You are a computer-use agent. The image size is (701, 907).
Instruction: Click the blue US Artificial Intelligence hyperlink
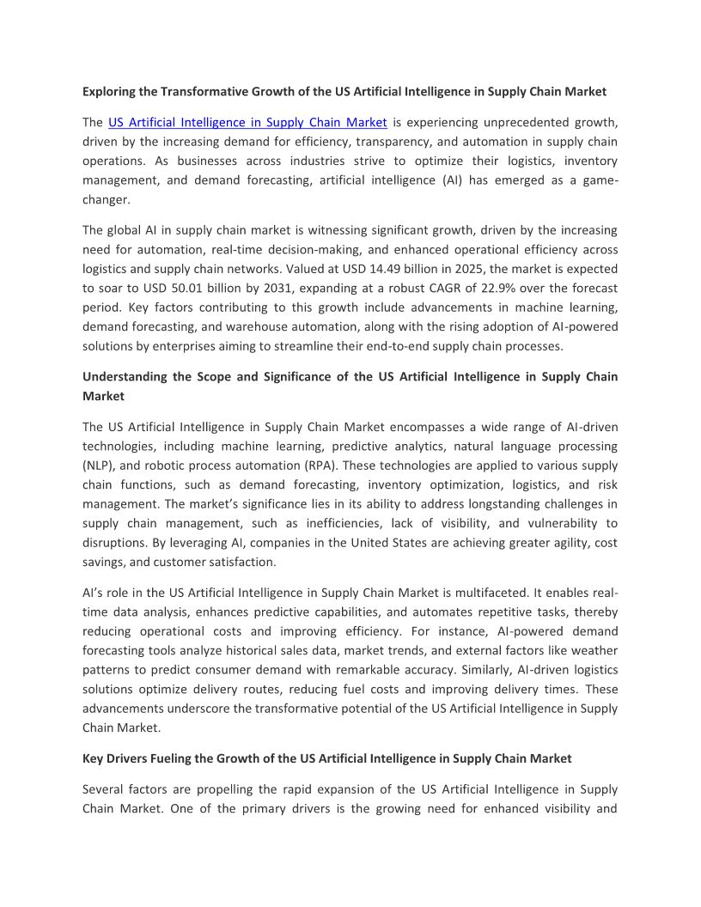pyautogui.click(x=247, y=122)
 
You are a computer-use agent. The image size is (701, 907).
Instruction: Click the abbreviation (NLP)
pyautogui.click(x=99, y=466)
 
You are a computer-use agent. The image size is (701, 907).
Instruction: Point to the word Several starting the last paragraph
pyautogui.click(x=104, y=789)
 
